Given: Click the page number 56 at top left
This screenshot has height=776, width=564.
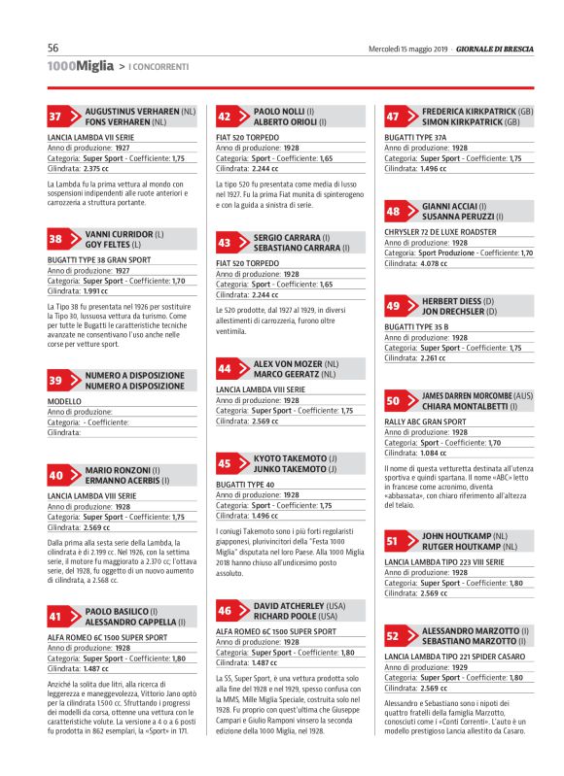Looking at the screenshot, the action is tap(54, 48).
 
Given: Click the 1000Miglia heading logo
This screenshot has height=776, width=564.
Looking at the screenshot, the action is tap(80, 65).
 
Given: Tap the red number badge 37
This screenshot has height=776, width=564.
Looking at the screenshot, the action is tap(56, 117).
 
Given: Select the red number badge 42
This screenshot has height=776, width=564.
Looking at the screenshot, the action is tap(225, 117).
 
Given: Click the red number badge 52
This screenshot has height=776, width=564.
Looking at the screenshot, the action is tap(393, 636).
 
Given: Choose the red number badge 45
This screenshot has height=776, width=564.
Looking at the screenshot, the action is tap(225, 464).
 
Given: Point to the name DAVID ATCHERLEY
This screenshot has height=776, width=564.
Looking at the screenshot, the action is tap(292, 605).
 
